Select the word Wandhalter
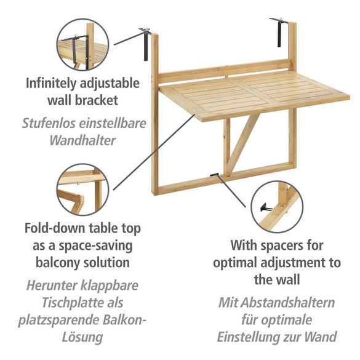[82, 140]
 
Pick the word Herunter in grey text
[52, 286]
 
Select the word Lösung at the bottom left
[82, 337]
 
